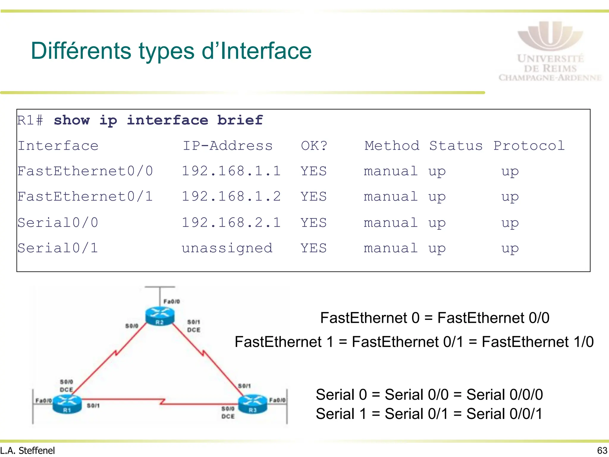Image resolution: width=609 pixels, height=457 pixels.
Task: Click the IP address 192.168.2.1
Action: (x=231, y=223)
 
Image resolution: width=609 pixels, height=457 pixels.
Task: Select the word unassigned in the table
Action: (x=227, y=248)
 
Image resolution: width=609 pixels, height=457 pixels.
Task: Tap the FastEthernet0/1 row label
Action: (x=85, y=197)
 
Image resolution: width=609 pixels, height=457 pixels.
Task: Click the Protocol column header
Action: (x=529, y=146)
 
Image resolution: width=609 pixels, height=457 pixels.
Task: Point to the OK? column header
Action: (x=314, y=146)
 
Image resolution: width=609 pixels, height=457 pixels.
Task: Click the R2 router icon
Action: (x=160, y=317)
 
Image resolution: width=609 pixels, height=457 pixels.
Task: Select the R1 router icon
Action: (x=67, y=404)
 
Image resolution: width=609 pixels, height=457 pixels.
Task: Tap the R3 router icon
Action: (x=253, y=404)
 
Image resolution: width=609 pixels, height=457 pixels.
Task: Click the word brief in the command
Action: (x=240, y=120)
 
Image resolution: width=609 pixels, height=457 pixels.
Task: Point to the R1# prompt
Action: (x=30, y=120)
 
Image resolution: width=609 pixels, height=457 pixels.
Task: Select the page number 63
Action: (x=602, y=450)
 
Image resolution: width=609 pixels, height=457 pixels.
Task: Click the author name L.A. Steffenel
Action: (x=28, y=450)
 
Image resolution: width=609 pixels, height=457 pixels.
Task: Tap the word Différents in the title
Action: (x=81, y=51)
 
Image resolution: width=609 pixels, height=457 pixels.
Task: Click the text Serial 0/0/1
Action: (x=504, y=414)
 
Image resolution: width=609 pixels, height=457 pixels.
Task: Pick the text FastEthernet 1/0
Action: (x=538, y=342)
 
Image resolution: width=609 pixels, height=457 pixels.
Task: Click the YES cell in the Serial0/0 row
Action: (x=313, y=223)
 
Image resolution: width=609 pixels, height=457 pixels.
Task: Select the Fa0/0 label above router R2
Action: (x=172, y=301)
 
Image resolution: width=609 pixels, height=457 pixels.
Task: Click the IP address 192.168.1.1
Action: (x=231, y=171)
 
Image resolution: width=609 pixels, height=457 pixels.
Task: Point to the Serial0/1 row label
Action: (x=58, y=248)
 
